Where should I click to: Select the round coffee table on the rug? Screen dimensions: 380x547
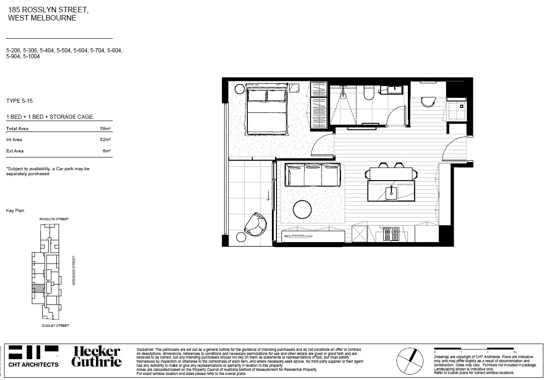(303, 209)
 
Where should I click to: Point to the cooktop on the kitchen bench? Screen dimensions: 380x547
(391, 234)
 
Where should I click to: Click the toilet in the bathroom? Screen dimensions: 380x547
(369, 93)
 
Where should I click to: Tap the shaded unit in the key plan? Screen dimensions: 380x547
(39, 288)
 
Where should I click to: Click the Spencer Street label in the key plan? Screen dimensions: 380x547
(73, 270)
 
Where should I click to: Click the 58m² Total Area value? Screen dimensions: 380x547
(105, 129)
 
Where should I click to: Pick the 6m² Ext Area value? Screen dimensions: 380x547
(107, 151)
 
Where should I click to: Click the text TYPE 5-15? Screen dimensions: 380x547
(20, 101)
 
